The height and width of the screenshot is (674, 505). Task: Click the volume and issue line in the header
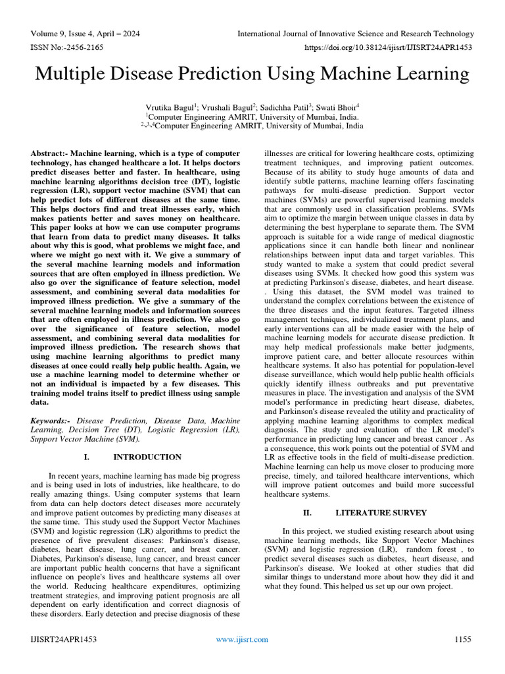coord(85,34)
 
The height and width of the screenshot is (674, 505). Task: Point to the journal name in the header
coord(355,34)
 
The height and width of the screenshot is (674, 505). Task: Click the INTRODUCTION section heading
coord(147,457)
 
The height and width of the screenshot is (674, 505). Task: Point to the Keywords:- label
coord(53,420)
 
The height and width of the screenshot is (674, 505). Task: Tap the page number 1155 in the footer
coord(464,639)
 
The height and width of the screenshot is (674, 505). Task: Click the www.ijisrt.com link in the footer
coord(243,639)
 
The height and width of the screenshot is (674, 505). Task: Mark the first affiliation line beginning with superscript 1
coord(252,116)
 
